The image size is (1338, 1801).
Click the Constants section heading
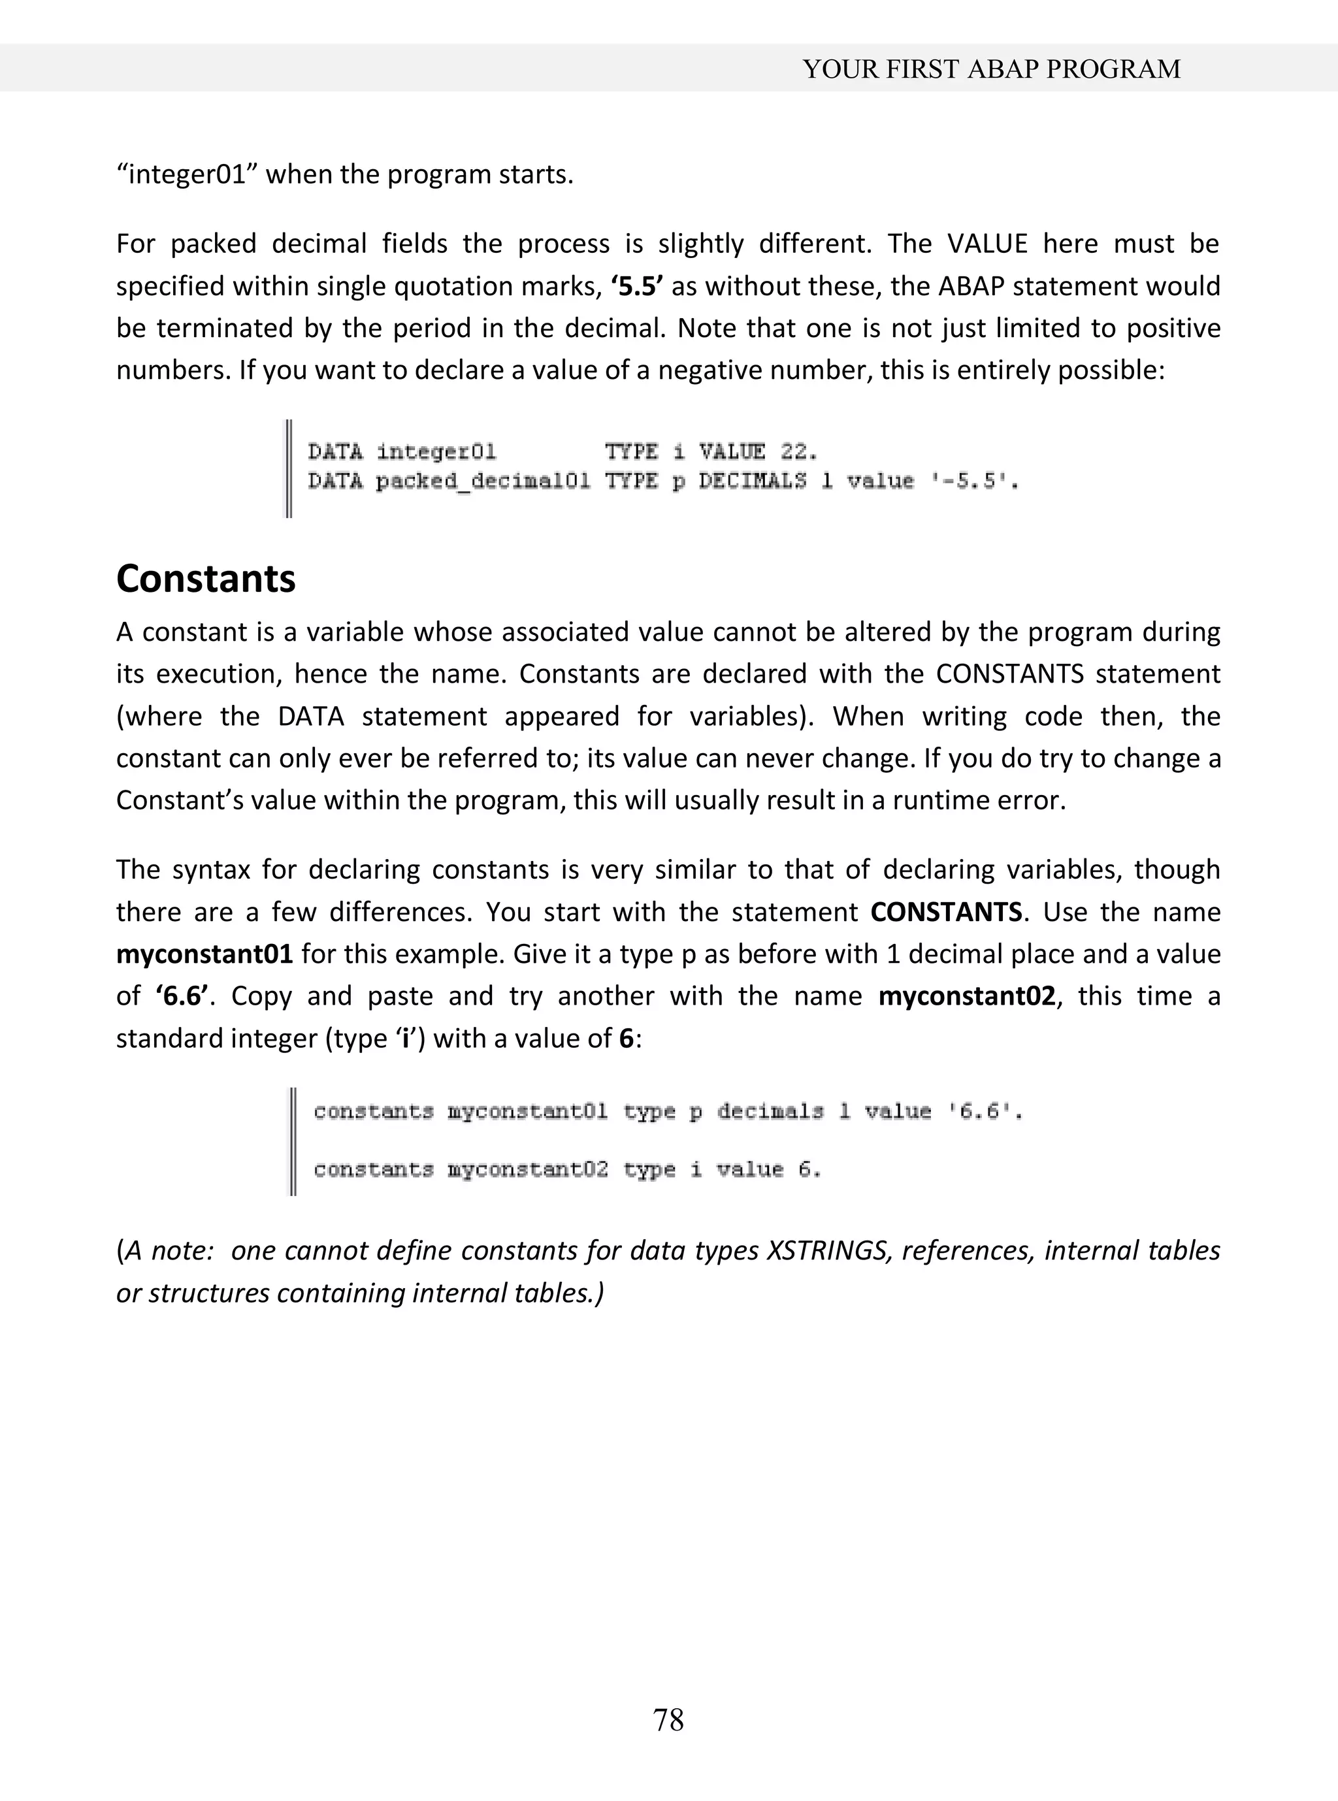tap(206, 579)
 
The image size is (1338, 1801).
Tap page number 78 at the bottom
tap(668, 1719)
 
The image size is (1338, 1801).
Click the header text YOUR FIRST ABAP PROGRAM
tap(991, 70)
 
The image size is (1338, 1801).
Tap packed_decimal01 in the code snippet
tap(483, 482)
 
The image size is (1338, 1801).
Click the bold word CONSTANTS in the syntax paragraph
tap(945, 913)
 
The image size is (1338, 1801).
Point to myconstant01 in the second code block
tap(527, 1112)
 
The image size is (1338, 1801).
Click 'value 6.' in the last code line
tap(768, 1170)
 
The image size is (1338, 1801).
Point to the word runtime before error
tap(943, 801)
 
